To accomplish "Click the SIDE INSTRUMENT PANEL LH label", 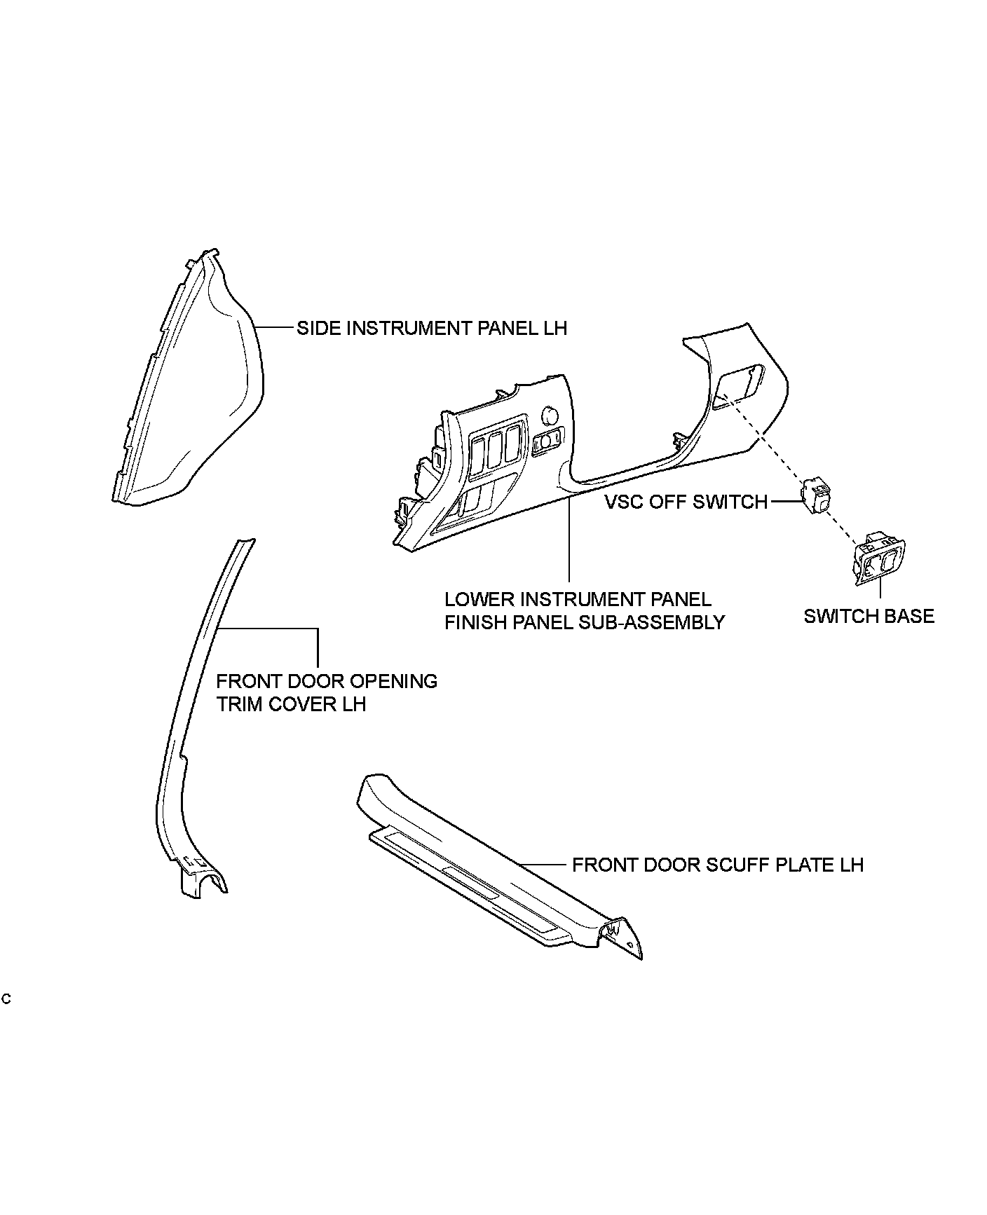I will pos(431,328).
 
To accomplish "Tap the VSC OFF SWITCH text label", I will pos(686,502).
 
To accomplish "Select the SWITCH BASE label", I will pos(869,617).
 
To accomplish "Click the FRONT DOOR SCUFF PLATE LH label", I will pos(717,865).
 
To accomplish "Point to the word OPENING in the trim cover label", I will pos(393,681).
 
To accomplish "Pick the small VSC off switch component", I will pos(817,496).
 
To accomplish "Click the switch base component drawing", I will pos(879,558).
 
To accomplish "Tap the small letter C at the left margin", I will pos(6,998).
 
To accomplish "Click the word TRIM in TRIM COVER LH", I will pos(239,704).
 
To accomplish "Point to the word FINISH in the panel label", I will pos(478,622).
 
